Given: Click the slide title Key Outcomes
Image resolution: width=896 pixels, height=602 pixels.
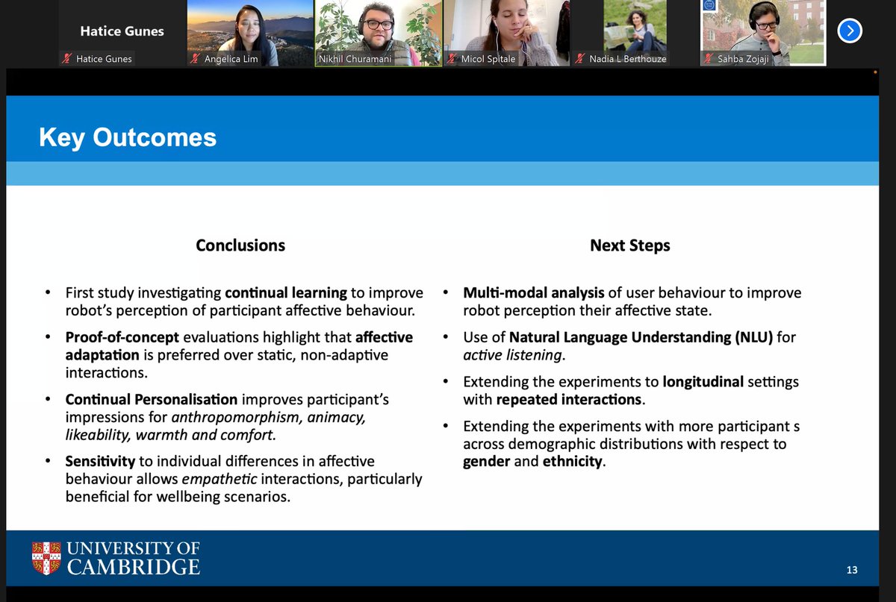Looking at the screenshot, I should (x=128, y=137).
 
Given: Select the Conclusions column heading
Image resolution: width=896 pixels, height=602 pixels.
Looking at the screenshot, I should (x=240, y=245).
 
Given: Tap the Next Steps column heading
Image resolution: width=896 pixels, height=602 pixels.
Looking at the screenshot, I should (x=629, y=245).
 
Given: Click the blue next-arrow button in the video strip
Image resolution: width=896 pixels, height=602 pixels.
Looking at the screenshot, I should (x=850, y=31).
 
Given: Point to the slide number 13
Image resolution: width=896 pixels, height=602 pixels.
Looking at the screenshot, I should (x=852, y=570).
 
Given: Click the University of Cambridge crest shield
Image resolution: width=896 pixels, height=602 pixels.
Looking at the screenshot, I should (x=46, y=558).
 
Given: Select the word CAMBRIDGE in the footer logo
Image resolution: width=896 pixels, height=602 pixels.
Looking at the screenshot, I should (x=134, y=567).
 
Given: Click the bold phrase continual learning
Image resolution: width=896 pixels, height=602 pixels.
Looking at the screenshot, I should (x=285, y=292).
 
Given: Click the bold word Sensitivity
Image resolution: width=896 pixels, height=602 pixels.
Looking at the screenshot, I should (x=100, y=461).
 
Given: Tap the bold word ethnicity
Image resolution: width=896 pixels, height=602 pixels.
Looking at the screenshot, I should (x=572, y=461).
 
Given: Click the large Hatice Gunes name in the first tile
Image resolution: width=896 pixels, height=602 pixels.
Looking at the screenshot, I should (x=122, y=31).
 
